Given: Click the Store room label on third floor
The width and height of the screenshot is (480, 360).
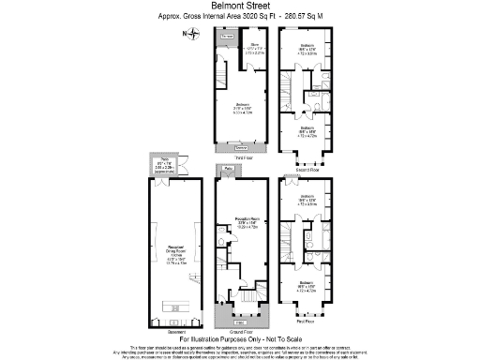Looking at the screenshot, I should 253,46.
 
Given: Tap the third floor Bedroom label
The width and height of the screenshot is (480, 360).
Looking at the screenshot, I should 242,105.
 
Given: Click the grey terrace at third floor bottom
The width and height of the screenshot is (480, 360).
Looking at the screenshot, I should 242,148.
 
